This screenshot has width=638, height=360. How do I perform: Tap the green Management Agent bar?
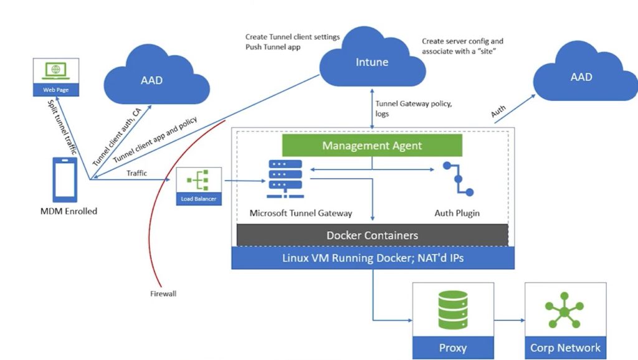[x=372, y=146]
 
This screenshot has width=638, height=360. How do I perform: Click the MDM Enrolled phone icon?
[x=65, y=179]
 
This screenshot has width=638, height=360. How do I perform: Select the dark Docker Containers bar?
[x=372, y=235]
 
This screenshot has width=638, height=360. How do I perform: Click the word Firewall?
[x=164, y=293]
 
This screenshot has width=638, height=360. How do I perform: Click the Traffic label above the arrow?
[x=136, y=173]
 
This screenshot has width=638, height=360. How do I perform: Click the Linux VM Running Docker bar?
[x=372, y=258]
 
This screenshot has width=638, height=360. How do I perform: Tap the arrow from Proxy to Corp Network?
[x=508, y=320]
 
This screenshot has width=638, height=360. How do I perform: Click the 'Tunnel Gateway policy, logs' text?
[x=413, y=109]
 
